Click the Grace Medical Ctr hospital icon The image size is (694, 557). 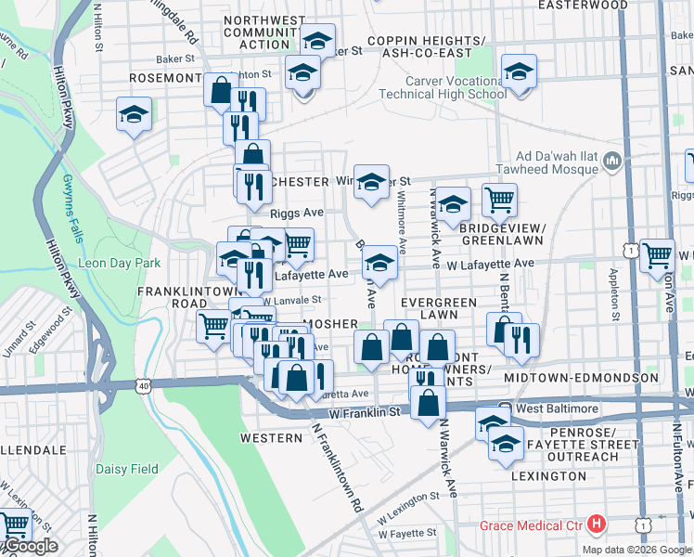coord(598,525)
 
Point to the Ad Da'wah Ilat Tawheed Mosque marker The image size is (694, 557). coord(611,163)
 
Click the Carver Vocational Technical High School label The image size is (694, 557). coord(443,87)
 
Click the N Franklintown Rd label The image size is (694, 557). coord(337,470)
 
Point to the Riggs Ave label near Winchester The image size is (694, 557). coord(297,213)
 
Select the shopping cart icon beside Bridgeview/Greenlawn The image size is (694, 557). coord(499,199)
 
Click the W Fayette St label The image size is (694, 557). coord(406,533)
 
